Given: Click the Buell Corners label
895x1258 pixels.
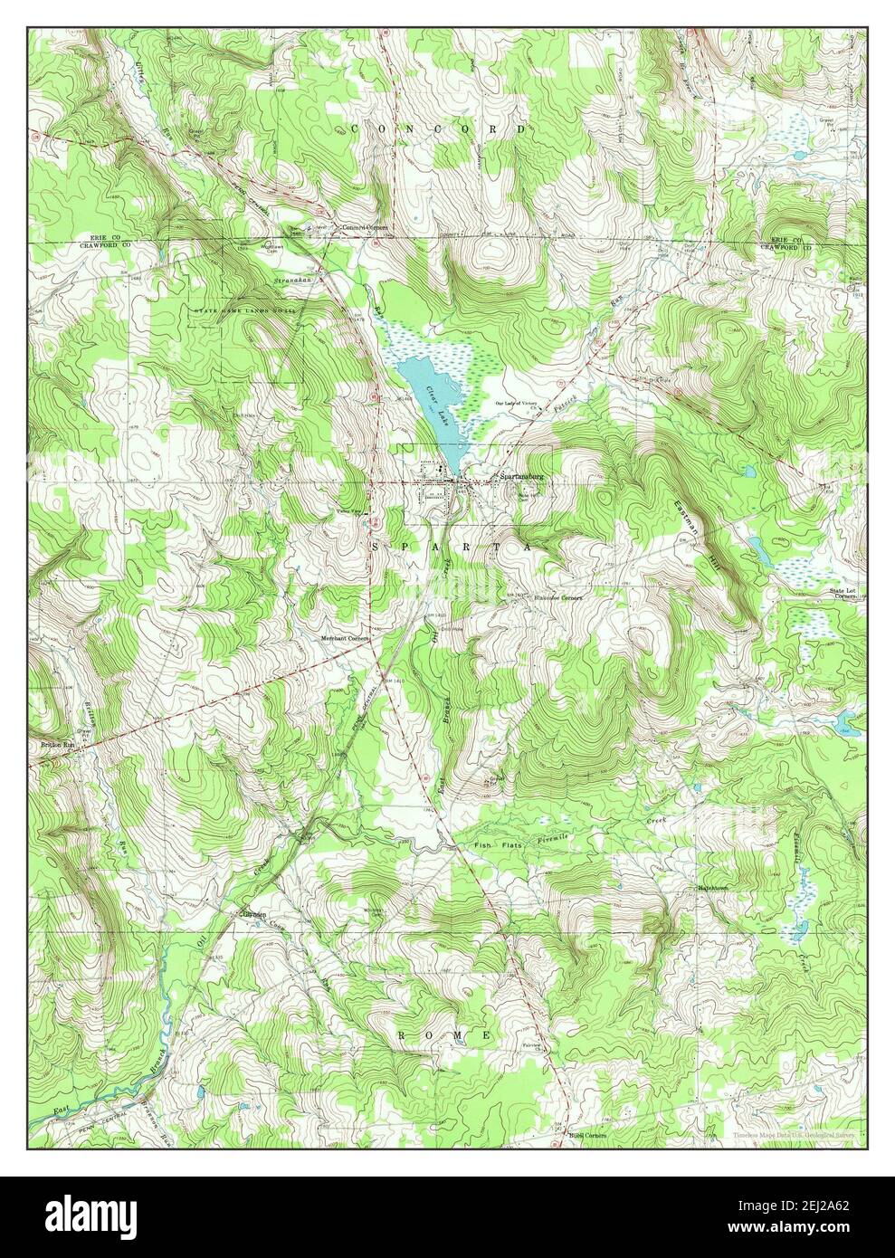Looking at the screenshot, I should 586,1135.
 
